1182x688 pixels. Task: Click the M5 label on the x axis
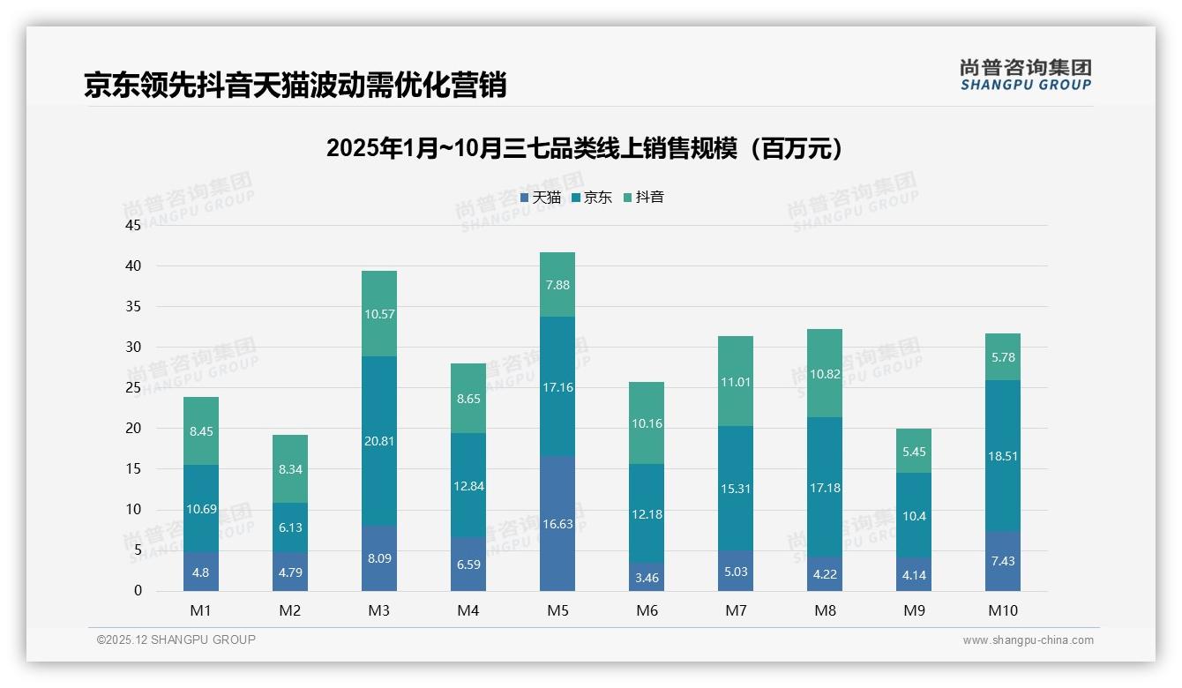pos(557,610)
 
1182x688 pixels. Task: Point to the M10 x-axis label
pos(1002,610)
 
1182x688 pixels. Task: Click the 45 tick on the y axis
pos(133,226)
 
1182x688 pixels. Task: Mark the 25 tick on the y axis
pos(133,388)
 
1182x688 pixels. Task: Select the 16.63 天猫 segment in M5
pos(557,523)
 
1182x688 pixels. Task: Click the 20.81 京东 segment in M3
pos(379,441)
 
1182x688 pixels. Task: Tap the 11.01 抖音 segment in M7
pos(736,381)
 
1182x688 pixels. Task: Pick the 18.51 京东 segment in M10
pos(1002,456)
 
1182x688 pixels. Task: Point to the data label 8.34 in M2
pos(290,470)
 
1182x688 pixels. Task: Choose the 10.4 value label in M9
pos(914,516)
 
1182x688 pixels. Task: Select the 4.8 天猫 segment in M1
pos(201,572)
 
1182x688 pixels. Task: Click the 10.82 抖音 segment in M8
pos(825,373)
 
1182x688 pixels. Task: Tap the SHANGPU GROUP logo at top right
pos(1025,75)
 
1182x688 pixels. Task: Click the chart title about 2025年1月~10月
pos(584,148)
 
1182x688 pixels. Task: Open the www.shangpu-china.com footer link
pos(1028,640)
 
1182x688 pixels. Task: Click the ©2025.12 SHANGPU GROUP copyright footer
pos(176,640)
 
